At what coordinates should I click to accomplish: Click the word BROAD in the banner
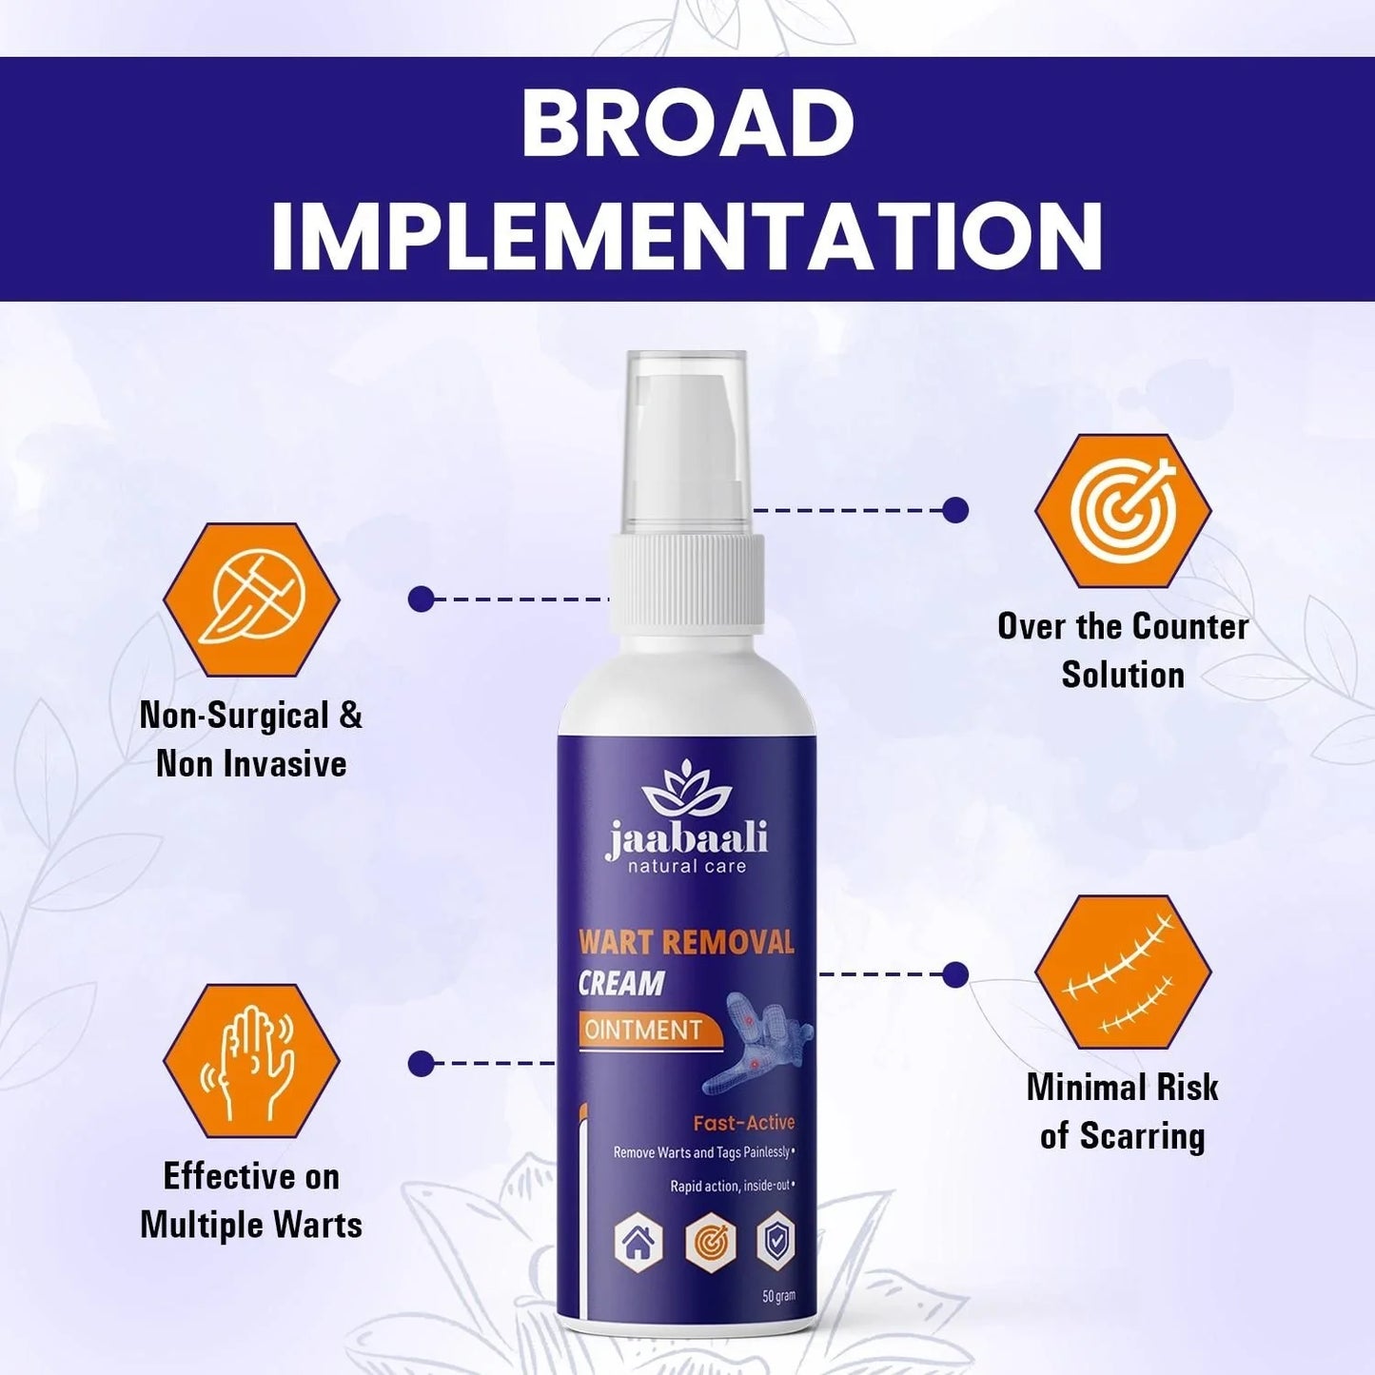[x=687, y=125]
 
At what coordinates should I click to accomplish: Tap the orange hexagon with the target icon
[x=1123, y=511]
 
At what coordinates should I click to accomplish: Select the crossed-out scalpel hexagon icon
[x=251, y=599]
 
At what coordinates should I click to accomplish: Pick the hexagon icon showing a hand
[x=251, y=1061]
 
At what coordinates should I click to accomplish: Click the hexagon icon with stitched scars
[x=1123, y=972]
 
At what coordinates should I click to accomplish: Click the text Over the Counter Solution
[x=1123, y=651]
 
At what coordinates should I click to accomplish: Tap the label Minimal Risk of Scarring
[x=1123, y=1111]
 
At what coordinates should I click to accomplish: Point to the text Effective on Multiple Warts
[x=251, y=1200]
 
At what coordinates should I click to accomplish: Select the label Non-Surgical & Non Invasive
[x=251, y=739]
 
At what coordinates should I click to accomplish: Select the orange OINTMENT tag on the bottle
[x=644, y=1030]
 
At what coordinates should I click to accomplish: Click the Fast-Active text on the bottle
[x=743, y=1123]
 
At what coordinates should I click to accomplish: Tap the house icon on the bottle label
[x=638, y=1242]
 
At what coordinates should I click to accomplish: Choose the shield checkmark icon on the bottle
[x=775, y=1242]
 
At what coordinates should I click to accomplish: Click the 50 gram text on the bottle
[x=778, y=1296]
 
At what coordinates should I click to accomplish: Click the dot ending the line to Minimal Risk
[x=955, y=974]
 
